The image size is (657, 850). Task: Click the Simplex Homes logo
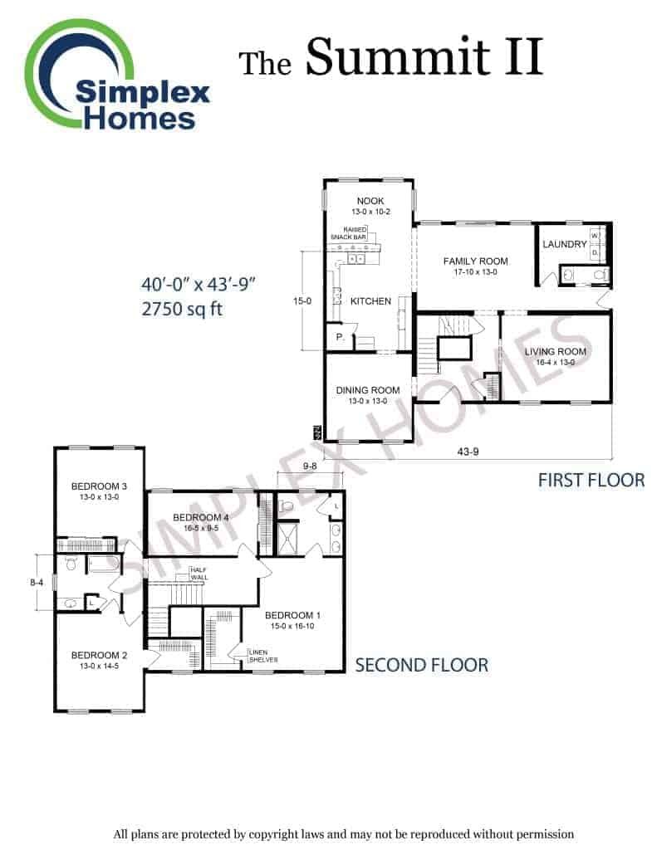click(116, 76)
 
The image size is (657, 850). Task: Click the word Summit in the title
click(398, 57)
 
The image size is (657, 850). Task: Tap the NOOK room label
click(370, 201)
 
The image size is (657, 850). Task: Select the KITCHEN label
click(370, 301)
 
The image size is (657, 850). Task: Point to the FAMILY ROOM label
click(475, 261)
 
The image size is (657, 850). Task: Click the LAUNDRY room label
click(564, 245)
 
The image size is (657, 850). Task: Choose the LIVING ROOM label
click(555, 352)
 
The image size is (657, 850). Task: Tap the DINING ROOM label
click(367, 390)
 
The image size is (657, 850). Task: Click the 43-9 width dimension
click(468, 452)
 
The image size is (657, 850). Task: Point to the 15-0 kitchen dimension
click(302, 301)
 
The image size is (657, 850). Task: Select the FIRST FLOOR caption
click(591, 481)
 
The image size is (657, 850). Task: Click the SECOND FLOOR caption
click(422, 665)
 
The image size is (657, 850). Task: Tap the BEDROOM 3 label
click(99, 486)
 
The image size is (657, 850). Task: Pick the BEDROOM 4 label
click(201, 518)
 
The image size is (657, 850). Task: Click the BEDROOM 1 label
click(292, 615)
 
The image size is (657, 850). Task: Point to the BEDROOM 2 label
click(99, 656)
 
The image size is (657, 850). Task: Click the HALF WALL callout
click(199, 574)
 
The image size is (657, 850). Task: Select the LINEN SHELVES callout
click(263, 656)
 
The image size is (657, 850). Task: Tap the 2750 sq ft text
click(182, 309)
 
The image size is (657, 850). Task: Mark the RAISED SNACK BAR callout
click(350, 233)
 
